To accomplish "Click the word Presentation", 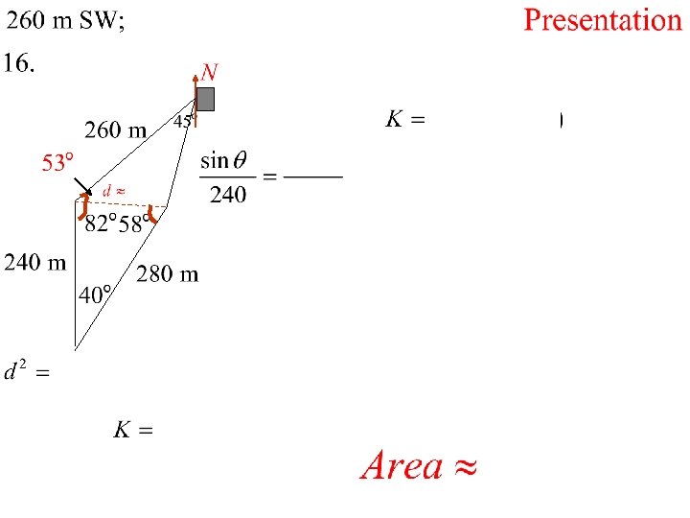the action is pos(603,21).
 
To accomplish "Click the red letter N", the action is pos(209,72).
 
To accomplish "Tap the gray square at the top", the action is pos(205,99).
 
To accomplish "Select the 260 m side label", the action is pos(116,129).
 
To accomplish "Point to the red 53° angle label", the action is pos(57,164).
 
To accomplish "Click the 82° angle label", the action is pos(101,224).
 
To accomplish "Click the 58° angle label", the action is pos(135,224).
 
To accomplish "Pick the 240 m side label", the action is pos(35,263).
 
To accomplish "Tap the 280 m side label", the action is pos(168,275).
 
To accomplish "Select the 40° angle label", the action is pos(95,295).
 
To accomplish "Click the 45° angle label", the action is pos(183,121).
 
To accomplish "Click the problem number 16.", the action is pos(19,63).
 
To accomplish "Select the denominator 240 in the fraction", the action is pos(228,195).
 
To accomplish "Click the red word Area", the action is pos(402,466).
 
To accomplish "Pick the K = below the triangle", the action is pos(133,430).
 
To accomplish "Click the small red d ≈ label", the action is pos(114,191).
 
